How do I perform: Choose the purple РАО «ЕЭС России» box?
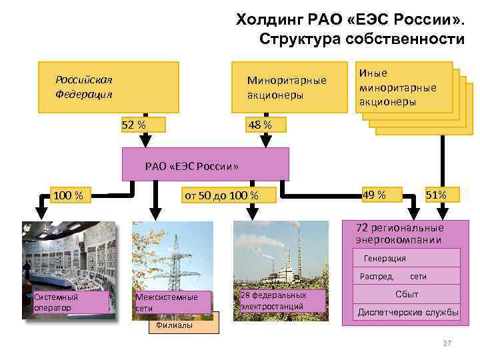[x=205, y=165]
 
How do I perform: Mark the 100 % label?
[x=68, y=195]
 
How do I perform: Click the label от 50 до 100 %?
[x=221, y=195]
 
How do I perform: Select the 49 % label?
[x=373, y=195]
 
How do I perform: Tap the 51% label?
[x=441, y=195]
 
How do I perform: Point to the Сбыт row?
[x=407, y=293]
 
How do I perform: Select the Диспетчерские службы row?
[x=408, y=312]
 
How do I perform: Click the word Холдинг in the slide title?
[x=266, y=20]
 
